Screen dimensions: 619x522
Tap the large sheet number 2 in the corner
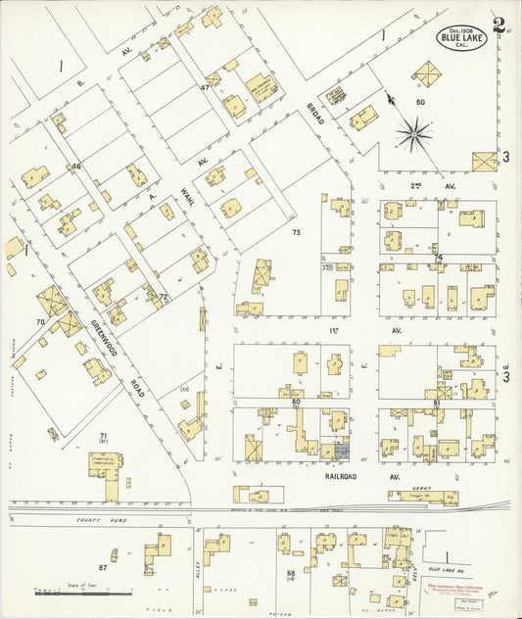pyautogui.click(x=499, y=24)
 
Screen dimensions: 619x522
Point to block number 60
pyautogui.click(x=419, y=102)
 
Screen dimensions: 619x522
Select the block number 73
pyautogui.click(x=296, y=233)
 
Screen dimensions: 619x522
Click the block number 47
pyautogui.click(x=205, y=88)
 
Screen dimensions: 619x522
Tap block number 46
pyautogui.click(x=75, y=167)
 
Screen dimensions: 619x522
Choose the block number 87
pyautogui.click(x=102, y=567)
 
